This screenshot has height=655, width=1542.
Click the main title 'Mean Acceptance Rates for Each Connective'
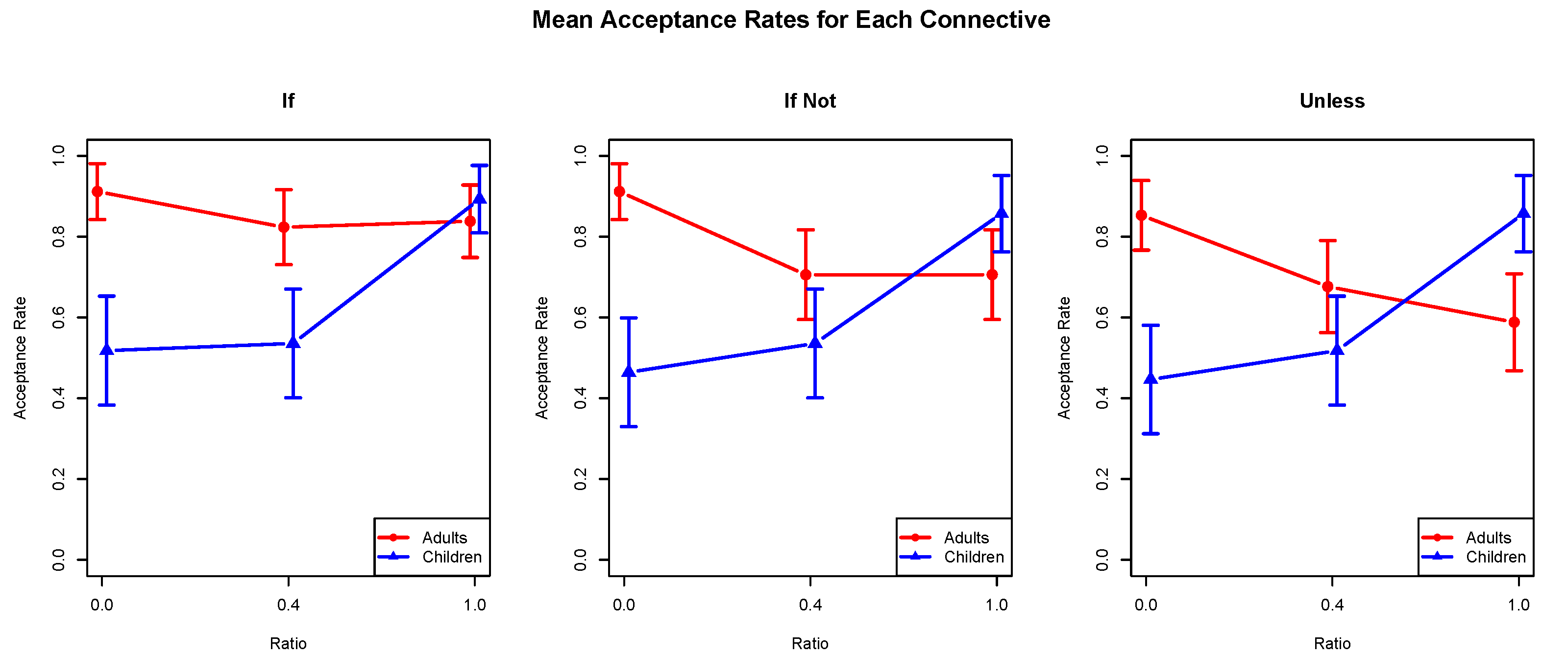click(x=791, y=20)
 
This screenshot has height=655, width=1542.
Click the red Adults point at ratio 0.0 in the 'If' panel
click(x=97, y=191)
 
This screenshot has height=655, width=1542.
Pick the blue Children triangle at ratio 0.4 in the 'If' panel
click(x=293, y=342)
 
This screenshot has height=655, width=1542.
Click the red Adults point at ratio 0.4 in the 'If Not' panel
click(x=805, y=275)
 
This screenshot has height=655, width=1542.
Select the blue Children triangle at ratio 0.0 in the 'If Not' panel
click(x=628, y=372)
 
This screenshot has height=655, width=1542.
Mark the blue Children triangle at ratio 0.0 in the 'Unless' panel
click(x=1150, y=378)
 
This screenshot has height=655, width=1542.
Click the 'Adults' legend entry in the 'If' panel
click(x=443, y=537)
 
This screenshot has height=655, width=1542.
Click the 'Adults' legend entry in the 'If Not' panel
click(x=966, y=537)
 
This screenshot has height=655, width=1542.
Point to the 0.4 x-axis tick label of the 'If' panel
click(x=288, y=605)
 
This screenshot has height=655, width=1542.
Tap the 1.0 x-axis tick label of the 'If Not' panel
click(x=996, y=605)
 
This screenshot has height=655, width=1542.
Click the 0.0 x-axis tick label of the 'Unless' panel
click(x=1145, y=605)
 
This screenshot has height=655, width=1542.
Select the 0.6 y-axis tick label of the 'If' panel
click(x=59, y=318)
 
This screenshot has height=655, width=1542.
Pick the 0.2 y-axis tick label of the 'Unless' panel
click(x=1102, y=479)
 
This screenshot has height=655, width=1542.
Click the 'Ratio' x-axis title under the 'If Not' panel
click(x=809, y=643)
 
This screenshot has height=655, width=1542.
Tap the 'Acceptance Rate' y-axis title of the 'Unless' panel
click(x=1063, y=358)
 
